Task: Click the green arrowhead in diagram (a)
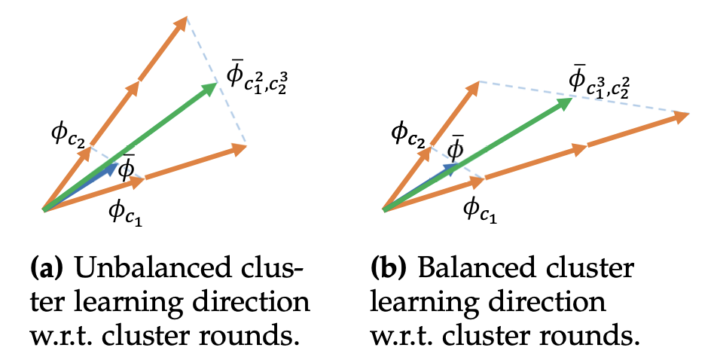coord(209,88)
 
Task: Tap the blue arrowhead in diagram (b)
coord(450,169)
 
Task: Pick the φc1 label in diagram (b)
coord(478,207)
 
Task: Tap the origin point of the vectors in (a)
coord(44,209)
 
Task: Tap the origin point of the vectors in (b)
coord(384,209)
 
